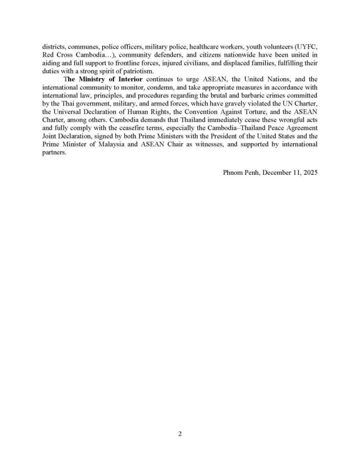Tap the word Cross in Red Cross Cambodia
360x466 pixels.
tap(64, 55)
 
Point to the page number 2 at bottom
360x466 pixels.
tap(180, 434)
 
